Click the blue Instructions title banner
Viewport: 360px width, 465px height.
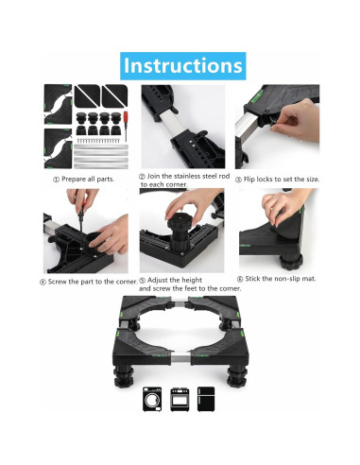click(183, 66)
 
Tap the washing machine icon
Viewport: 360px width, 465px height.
click(152, 399)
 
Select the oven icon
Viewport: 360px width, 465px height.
click(180, 399)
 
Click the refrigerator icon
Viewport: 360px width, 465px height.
click(206, 399)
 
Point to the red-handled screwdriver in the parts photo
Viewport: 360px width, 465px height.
click(126, 126)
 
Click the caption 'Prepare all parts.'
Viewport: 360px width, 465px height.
click(88, 180)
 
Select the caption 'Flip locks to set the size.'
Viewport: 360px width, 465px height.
click(282, 180)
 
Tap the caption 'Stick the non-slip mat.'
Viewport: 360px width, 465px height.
click(281, 279)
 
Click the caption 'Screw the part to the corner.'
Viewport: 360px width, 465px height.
click(93, 282)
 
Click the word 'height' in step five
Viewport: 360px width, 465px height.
click(192, 280)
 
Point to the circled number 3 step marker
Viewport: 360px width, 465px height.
click(238, 180)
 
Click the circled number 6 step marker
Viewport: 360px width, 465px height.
click(240, 279)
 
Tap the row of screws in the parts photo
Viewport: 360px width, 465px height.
click(98, 140)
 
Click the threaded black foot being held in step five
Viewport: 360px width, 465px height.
click(178, 232)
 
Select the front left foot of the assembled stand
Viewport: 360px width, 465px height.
click(124, 376)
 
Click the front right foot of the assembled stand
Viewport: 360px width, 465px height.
click(236, 375)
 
